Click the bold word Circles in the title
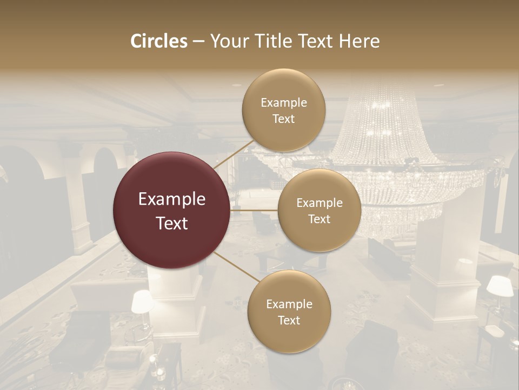coord(158,41)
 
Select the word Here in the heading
coord(358,41)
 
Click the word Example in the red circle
coord(172,199)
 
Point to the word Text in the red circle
coord(172,223)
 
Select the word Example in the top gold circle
coord(284,103)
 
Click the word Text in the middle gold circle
coord(319,219)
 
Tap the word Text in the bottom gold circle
coord(289,320)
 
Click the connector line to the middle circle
coord(254,210)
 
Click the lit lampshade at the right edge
coord(500,287)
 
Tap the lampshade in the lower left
coord(142,301)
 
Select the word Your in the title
coord(228,41)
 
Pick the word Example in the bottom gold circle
coord(289,304)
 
